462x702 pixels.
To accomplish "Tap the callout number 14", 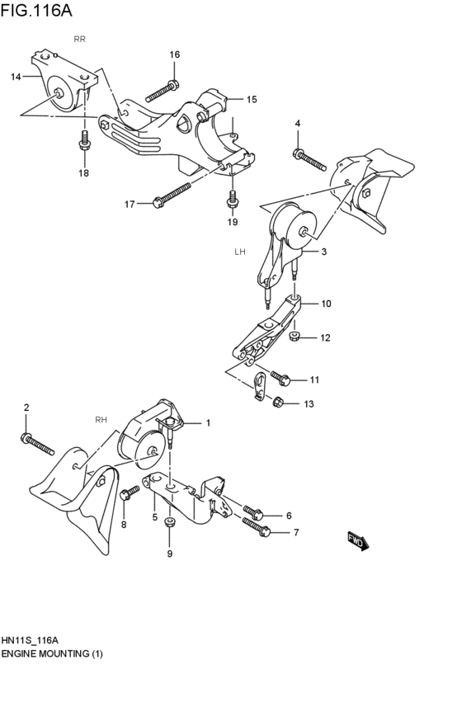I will pos(16,77).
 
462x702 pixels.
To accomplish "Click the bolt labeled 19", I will pos(233,199).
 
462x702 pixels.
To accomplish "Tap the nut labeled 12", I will pos(295,336).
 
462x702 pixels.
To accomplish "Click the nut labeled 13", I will pos(278,402).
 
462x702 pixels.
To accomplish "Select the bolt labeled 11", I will pos(280,378).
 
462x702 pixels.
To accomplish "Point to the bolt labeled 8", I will pos(128,495).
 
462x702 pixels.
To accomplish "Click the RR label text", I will pos(79,39).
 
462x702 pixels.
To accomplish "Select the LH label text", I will pos(240,251).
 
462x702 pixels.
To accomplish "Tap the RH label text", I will pos(101,419).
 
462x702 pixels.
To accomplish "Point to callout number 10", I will pos(326,304).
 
